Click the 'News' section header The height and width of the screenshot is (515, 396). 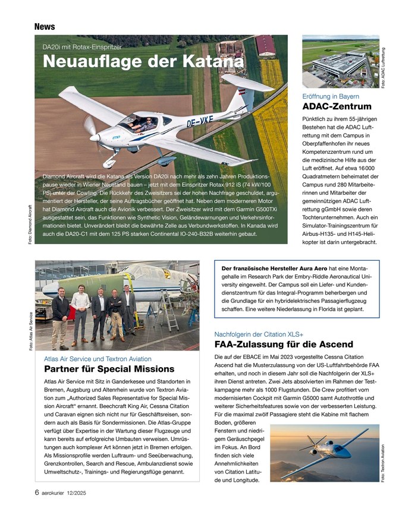click(x=45, y=27)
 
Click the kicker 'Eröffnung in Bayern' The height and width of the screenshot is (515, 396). click(x=331, y=96)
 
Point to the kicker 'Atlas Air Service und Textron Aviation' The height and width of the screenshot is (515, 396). click(x=98, y=358)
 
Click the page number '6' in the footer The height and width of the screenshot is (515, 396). click(x=37, y=492)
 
